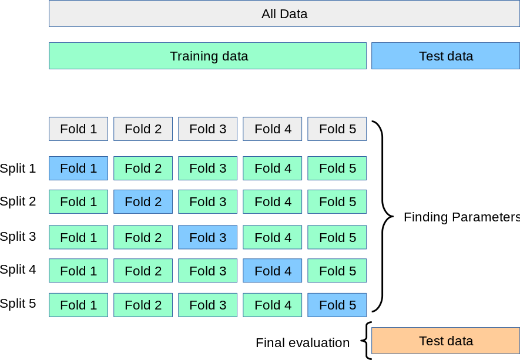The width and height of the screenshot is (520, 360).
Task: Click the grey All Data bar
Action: tap(284, 14)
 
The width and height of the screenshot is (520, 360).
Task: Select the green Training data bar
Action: tap(208, 56)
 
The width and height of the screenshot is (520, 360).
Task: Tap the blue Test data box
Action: tap(445, 56)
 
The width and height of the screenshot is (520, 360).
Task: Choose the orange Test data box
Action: tap(445, 341)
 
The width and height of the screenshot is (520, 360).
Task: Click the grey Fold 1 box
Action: tap(78, 129)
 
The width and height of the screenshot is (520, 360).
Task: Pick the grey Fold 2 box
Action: tap(143, 129)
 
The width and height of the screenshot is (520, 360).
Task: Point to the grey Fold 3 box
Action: tap(207, 129)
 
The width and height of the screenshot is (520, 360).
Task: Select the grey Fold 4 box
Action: tap(273, 129)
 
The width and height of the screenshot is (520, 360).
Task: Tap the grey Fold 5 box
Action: tap(337, 129)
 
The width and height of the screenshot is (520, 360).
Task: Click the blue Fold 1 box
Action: tap(78, 168)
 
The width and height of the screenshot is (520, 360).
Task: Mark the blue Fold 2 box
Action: tap(143, 201)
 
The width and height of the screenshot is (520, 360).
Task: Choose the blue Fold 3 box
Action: tap(207, 237)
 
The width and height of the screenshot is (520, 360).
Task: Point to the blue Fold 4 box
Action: tap(273, 271)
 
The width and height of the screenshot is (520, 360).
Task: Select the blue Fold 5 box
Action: tap(337, 305)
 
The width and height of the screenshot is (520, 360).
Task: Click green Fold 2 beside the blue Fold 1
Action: tap(143, 168)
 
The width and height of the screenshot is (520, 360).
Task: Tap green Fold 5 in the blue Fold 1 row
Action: tap(337, 168)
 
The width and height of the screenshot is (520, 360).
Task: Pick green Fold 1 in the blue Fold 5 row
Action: tap(78, 305)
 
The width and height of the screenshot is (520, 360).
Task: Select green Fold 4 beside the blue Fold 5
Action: tap(273, 305)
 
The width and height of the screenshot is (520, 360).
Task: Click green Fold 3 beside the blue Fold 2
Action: tap(207, 201)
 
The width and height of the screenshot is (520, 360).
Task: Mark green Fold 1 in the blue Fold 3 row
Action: tap(78, 237)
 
